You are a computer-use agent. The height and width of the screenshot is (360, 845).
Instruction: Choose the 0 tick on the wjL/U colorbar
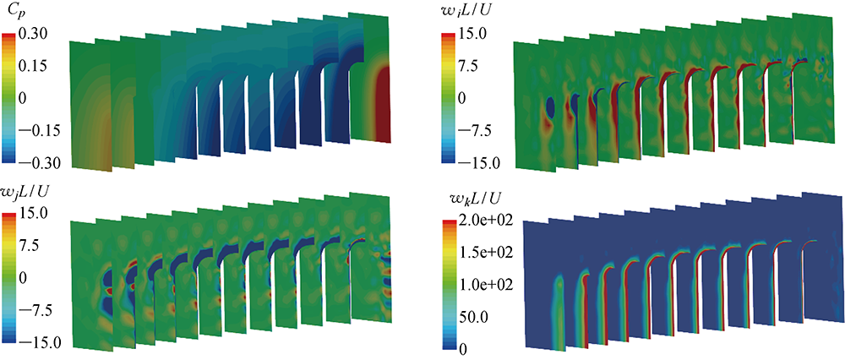click(x=27, y=277)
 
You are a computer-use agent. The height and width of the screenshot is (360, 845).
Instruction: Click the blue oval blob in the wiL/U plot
click(x=551, y=108)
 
